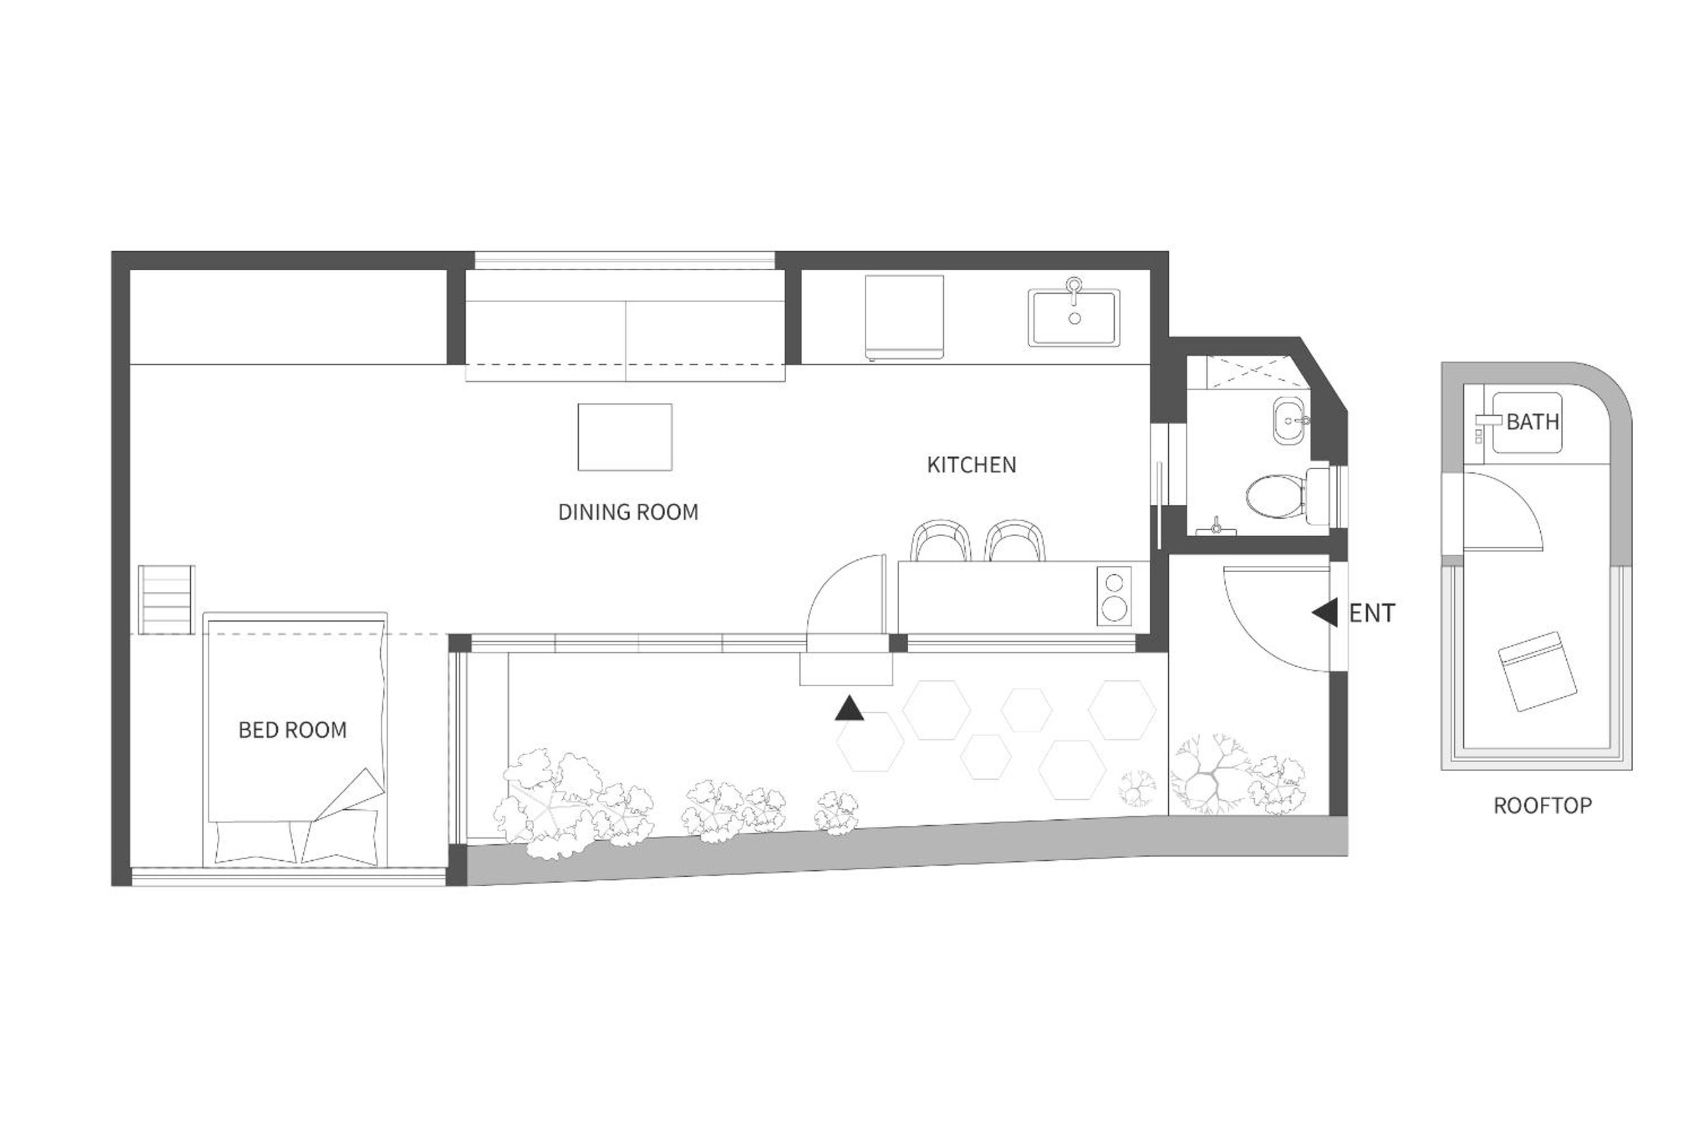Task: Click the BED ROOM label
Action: (x=293, y=730)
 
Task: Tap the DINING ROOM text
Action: (x=628, y=512)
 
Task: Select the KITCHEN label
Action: (x=972, y=465)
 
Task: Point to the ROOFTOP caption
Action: (x=1543, y=805)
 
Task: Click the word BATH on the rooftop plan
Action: (x=1533, y=421)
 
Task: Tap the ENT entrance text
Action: (x=1372, y=613)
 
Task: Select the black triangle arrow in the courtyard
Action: (x=849, y=709)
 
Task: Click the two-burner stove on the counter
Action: (x=1113, y=595)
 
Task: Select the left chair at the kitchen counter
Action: (x=941, y=540)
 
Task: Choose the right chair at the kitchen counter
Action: (x=1015, y=540)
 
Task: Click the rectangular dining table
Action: (x=624, y=437)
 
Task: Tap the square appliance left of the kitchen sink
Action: (x=904, y=317)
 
